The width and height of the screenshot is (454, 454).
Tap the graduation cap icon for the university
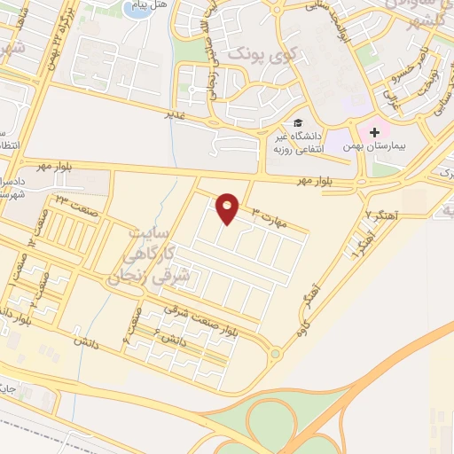pyautogui.click(x=299, y=122)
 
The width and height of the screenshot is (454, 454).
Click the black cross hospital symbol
pyautogui.click(x=374, y=131)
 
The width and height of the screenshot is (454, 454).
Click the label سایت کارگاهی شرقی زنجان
pyautogui.click(x=160, y=254)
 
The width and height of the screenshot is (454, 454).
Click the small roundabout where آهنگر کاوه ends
pyautogui.click(x=275, y=354)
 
